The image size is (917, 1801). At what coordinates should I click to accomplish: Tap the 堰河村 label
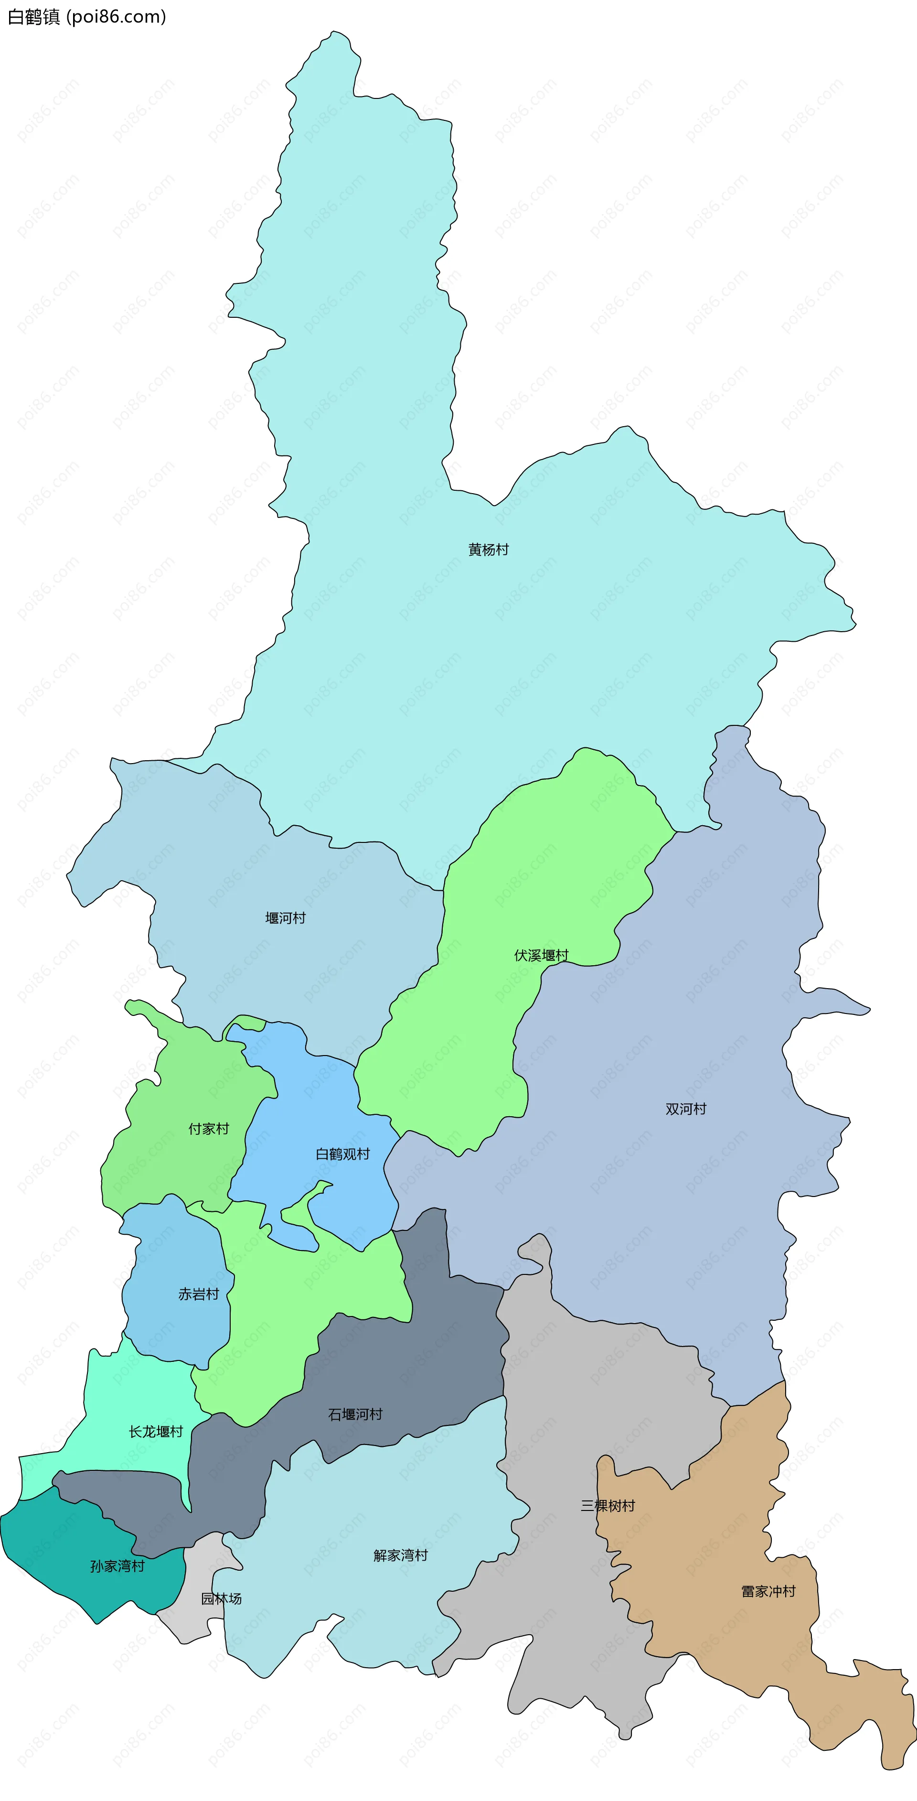click(x=285, y=918)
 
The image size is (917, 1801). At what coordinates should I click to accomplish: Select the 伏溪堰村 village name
click(x=541, y=955)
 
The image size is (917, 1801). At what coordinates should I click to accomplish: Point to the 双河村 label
click(x=686, y=1109)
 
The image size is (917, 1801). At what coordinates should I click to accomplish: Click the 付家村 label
click(x=208, y=1128)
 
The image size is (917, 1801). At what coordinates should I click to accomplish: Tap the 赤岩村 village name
click(x=199, y=1294)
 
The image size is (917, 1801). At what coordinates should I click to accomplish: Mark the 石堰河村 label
click(x=355, y=1414)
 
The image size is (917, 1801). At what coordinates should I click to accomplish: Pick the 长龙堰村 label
click(x=155, y=1431)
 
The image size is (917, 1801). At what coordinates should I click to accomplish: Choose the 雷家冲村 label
click(x=768, y=1591)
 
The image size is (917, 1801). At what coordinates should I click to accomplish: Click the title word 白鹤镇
click(x=33, y=17)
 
